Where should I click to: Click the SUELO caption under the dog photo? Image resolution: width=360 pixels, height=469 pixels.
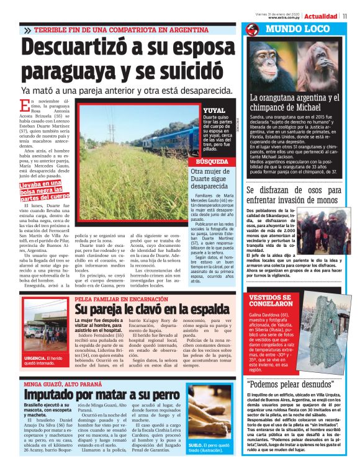[x=211, y=447]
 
